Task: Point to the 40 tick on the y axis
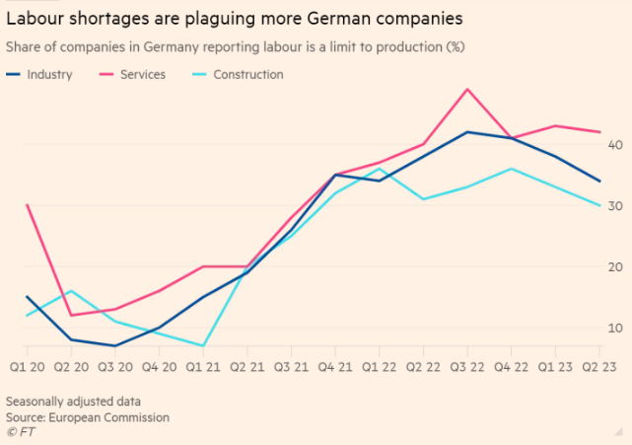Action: (615, 144)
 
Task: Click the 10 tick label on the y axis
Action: (615, 328)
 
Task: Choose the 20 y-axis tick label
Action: (615, 266)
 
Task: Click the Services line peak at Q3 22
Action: (467, 89)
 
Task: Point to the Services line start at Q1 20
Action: (27, 205)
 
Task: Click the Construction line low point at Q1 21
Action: (203, 346)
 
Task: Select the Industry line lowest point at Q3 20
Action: (114, 346)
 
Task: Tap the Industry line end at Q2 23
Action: (599, 181)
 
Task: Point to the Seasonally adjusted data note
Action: (72, 402)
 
